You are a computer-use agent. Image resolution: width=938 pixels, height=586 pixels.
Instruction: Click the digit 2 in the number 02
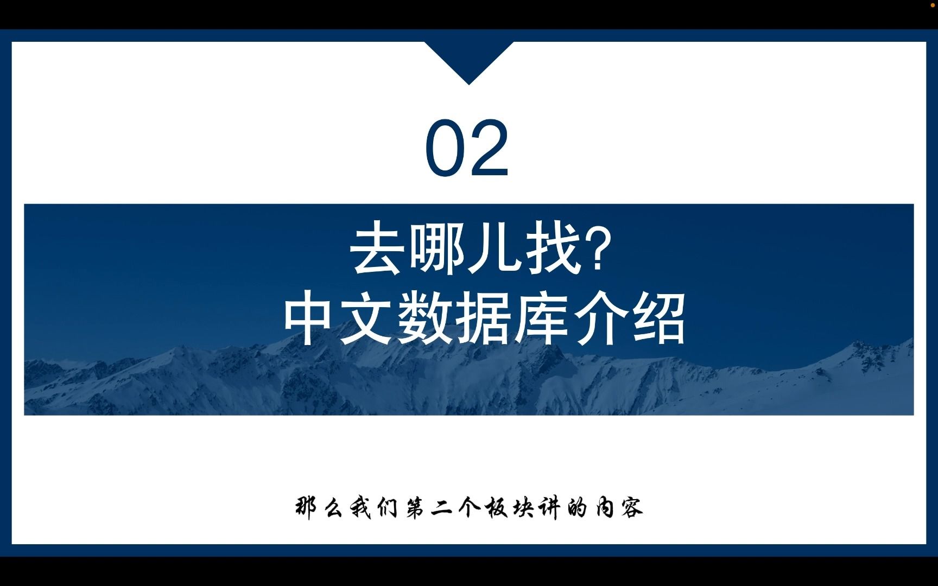[x=489, y=149]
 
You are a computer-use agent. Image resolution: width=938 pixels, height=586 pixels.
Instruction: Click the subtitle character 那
[x=307, y=508]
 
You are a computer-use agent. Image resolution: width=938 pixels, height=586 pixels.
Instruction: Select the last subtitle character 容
[x=632, y=508]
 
